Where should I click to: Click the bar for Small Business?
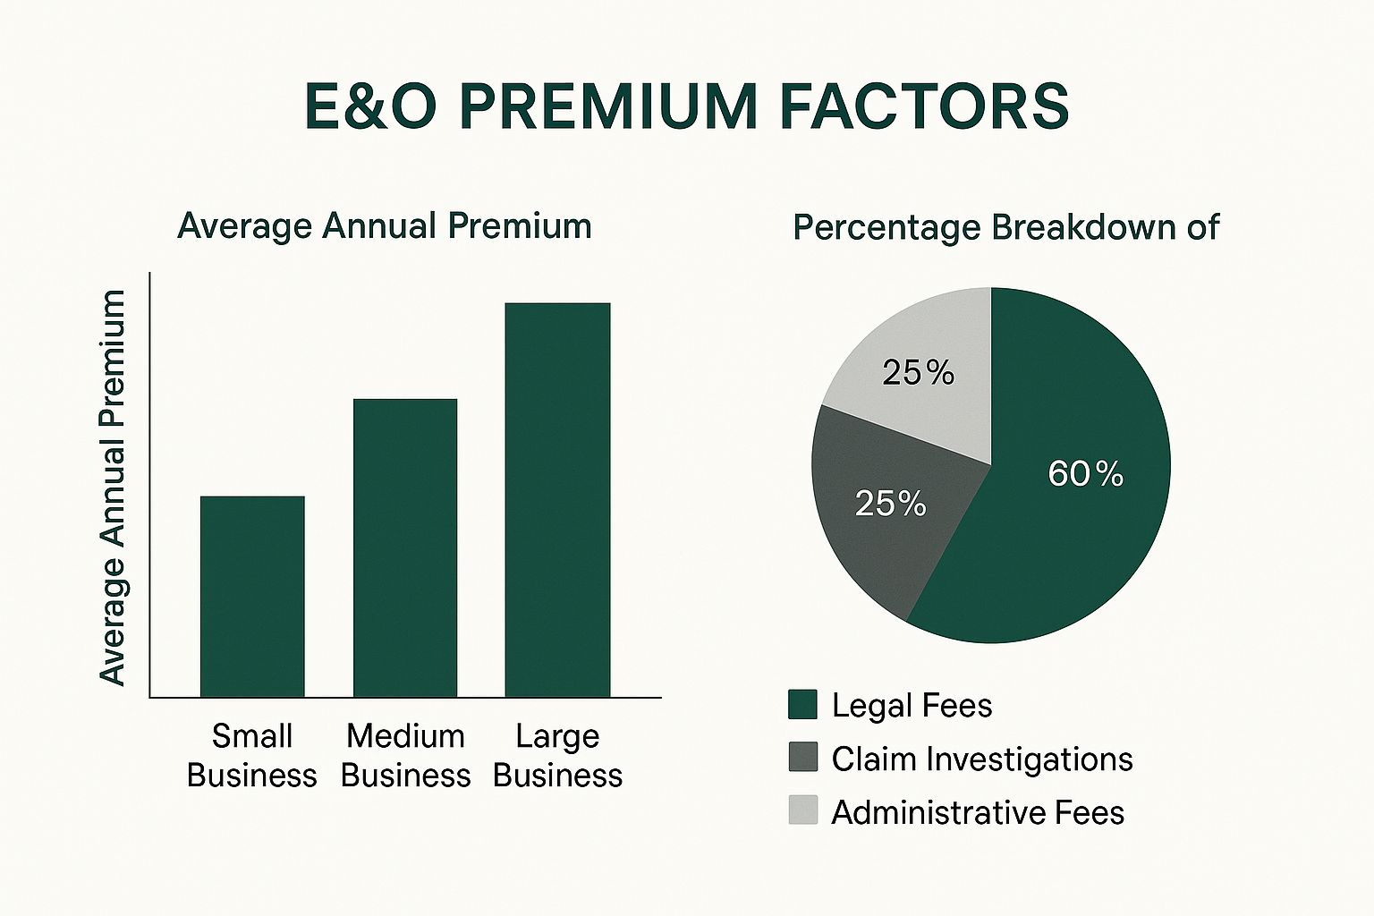pos(252,596)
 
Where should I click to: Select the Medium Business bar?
pos(405,547)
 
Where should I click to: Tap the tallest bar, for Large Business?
pos(557,499)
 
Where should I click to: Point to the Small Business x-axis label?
pos(252,755)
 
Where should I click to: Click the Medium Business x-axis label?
pos(405,755)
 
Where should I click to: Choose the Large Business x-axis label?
pos(557,755)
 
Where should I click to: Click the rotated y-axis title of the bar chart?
pos(113,488)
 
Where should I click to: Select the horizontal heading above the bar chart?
pos(385,225)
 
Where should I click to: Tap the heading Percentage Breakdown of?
pos(1005,227)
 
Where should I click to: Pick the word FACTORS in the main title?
pos(924,106)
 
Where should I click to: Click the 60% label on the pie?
pos(1085,473)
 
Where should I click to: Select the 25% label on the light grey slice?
pos(918,372)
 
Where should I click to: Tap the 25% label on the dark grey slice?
pos(890,504)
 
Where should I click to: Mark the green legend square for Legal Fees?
pos(802,705)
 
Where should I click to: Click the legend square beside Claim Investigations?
pos(802,758)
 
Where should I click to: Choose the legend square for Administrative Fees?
pos(802,810)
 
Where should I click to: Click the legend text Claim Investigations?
pos(981,759)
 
